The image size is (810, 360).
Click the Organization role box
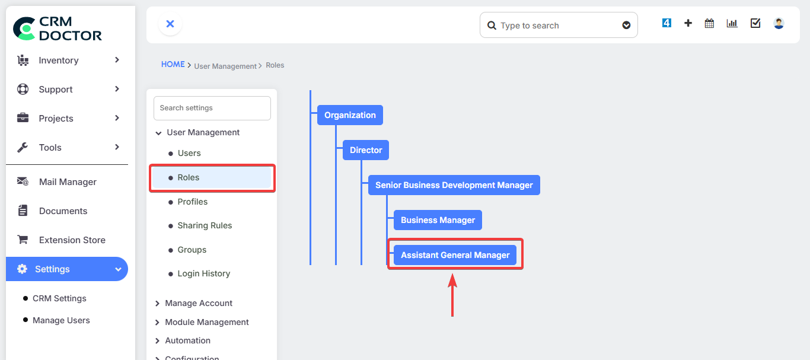tap(350, 115)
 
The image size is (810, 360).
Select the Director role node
tap(366, 150)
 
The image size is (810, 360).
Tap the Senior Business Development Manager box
tap(454, 185)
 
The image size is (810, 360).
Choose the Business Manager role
tap(438, 220)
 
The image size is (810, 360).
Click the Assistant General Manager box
tap(455, 255)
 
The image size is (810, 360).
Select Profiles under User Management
tap(192, 202)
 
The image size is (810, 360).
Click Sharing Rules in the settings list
tap(205, 225)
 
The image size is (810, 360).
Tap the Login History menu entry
tap(203, 273)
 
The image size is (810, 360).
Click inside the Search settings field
tap(212, 108)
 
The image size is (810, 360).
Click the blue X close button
tap(170, 24)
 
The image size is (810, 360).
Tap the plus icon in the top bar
tap(688, 24)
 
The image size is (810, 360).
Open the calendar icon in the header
tap(709, 24)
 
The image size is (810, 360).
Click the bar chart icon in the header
tap(732, 24)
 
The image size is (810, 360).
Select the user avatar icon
tap(779, 24)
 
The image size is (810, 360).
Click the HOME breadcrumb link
tap(173, 65)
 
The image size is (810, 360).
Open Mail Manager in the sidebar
tap(68, 182)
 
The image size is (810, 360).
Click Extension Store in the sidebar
tap(72, 240)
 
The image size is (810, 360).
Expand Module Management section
tap(206, 322)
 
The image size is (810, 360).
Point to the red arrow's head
tap(452, 274)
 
